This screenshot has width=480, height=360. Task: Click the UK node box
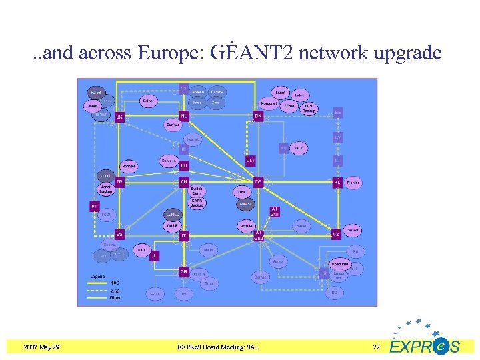[x=119, y=117]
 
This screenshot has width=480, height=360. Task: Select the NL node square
[x=185, y=115]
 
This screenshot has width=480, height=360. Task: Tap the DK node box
[x=258, y=115]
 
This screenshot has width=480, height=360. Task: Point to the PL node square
[x=337, y=182]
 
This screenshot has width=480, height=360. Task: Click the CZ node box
[x=337, y=234]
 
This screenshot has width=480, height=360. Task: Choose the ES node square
[x=119, y=234]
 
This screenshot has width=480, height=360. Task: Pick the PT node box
[x=95, y=207]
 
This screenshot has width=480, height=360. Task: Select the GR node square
[x=183, y=271]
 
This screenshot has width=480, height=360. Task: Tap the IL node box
[x=154, y=255]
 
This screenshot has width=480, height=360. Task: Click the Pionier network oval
[x=353, y=182]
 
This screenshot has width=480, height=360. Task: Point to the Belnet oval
[x=149, y=101]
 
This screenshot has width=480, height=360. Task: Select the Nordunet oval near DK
[x=269, y=103]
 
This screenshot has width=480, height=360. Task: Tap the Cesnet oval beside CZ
[x=353, y=230]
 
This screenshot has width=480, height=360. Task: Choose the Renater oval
[x=129, y=165]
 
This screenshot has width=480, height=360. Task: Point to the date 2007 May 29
[x=41, y=347]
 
